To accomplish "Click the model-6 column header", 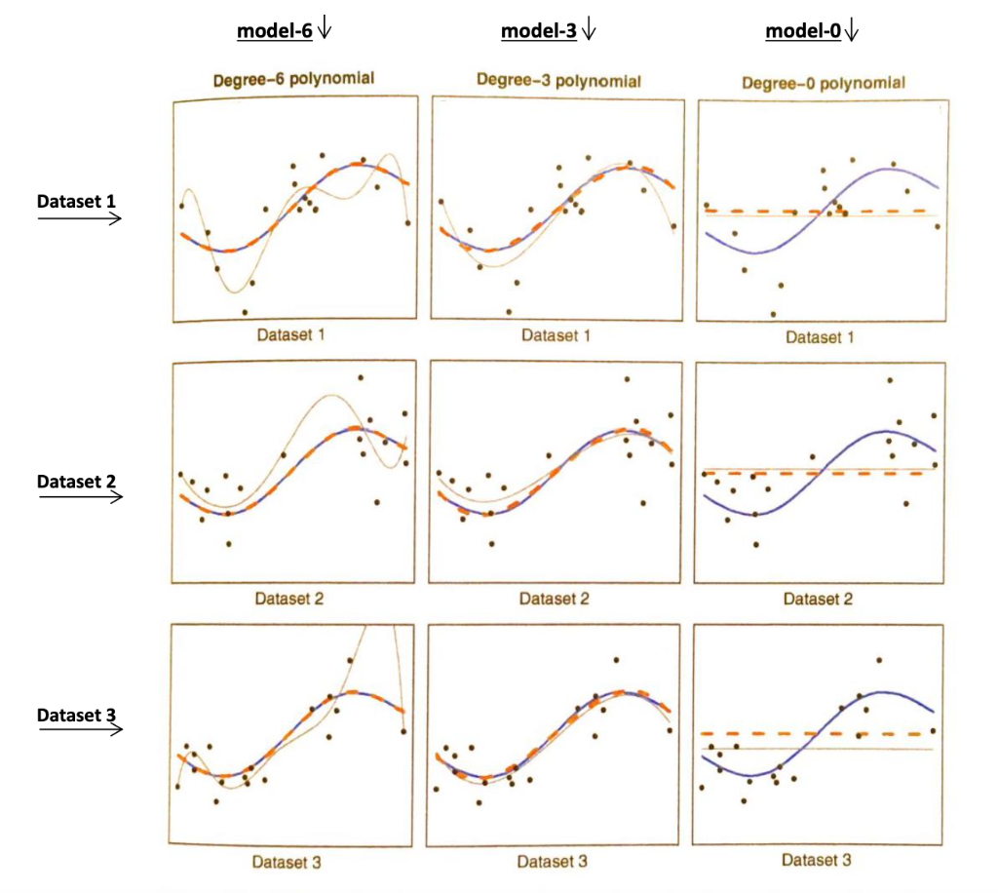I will (274, 31).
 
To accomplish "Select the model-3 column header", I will (538, 31).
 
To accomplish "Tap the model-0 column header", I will (801, 31).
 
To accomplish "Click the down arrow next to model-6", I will (325, 31).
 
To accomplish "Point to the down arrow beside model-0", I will (852, 31).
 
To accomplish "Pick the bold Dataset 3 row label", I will (76, 715).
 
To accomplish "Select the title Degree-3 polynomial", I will (558, 81).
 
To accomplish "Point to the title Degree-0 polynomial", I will (823, 84).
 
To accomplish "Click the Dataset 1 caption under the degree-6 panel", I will (290, 334).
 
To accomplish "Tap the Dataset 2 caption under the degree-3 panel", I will (554, 599).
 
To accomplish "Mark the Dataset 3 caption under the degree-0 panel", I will (817, 861).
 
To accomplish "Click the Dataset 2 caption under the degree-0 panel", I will (818, 599).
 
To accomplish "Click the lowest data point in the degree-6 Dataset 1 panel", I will (245, 312).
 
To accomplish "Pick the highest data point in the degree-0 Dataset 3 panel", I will (880, 660).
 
